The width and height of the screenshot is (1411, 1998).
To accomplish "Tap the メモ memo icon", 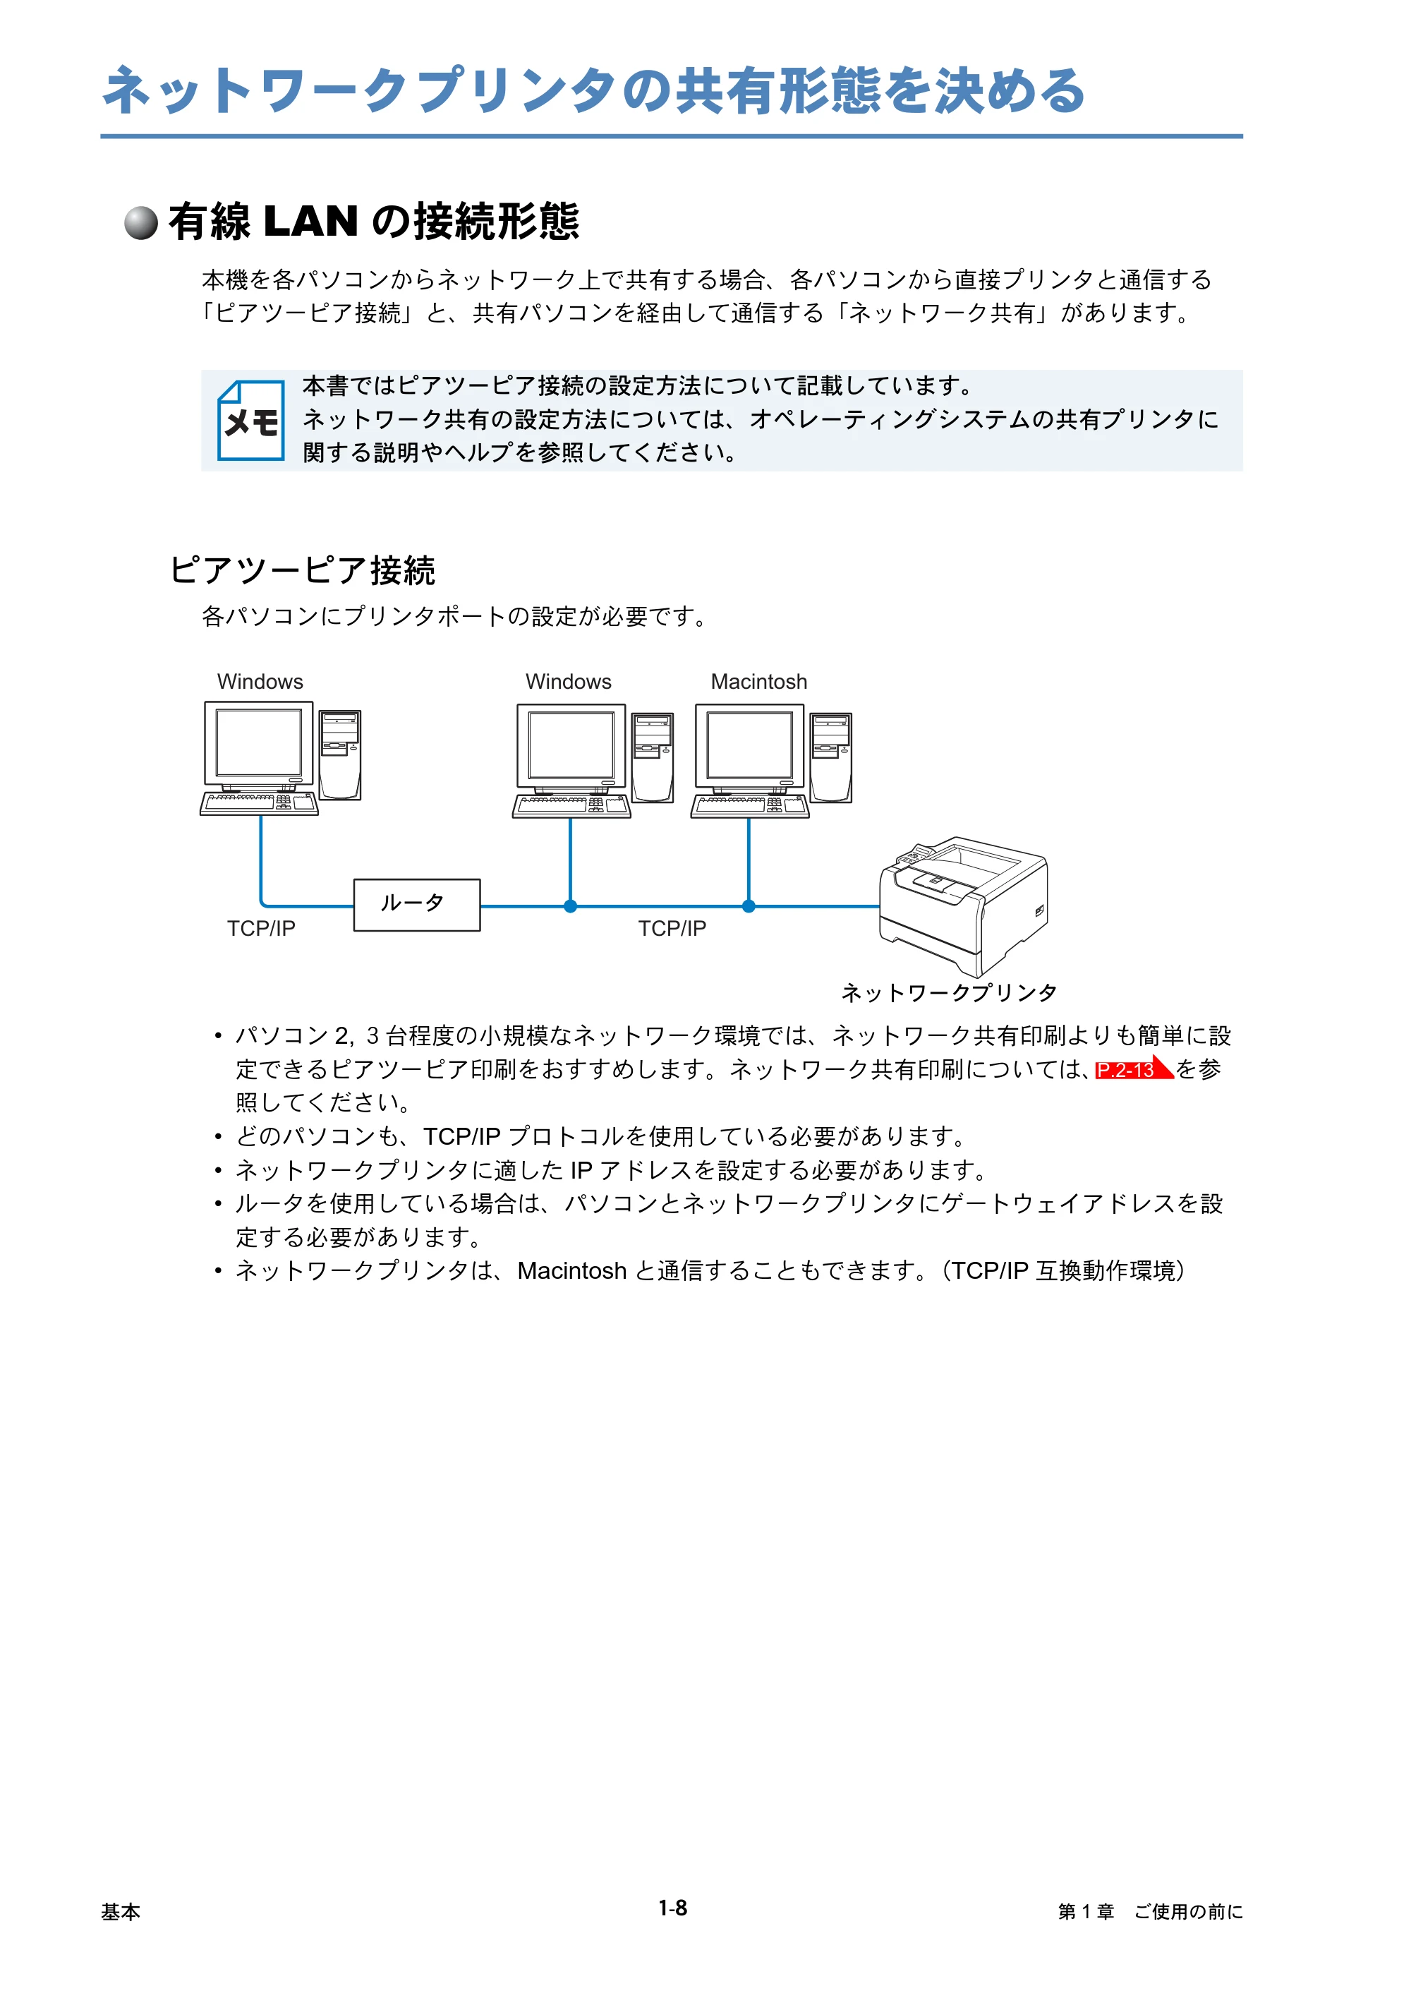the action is point(250,421).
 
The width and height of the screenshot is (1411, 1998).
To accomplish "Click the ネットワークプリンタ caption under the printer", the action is point(949,993).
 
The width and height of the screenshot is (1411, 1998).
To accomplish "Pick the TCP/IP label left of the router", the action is point(261,929).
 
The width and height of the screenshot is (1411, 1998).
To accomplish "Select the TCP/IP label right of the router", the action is point(672,929).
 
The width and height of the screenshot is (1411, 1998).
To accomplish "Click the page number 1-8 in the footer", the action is point(672,1908).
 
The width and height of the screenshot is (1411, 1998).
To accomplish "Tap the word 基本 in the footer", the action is point(120,1912).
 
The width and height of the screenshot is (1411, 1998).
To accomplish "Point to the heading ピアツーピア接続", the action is point(302,570).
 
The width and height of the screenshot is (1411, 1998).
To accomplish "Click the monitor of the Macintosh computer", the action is point(749,747).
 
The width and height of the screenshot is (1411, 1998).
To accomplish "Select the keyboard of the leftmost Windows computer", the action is point(259,803).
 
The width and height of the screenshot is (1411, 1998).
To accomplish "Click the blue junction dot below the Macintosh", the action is point(748,906).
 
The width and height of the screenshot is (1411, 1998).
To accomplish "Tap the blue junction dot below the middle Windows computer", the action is point(571,906).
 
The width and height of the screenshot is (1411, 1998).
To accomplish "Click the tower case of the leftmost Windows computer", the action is point(340,754).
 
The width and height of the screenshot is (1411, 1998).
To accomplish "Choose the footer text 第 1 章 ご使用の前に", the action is point(1150,1912).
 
